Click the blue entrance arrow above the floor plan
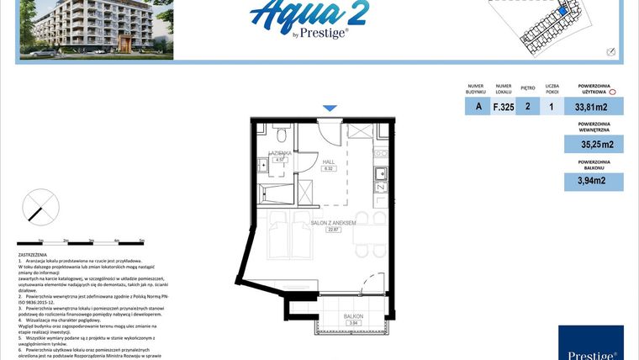tap(330, 108)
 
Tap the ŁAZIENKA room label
tap(279, 153)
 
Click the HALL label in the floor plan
tap(330, 161)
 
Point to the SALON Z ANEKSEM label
tap(334, 223)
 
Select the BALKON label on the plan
tap(353, 316)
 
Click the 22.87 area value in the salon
tap(334, 230)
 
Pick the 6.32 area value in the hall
tap(330, 168)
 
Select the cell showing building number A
tap(478, 107)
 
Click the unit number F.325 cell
tap(504, 107)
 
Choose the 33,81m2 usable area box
tap(594, 107)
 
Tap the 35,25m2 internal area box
tap(594, 145)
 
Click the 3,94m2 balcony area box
tap(594, 181)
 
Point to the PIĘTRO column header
tap(528, 87)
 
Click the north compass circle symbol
tap(39, 206)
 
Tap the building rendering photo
tap(95, 29)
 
